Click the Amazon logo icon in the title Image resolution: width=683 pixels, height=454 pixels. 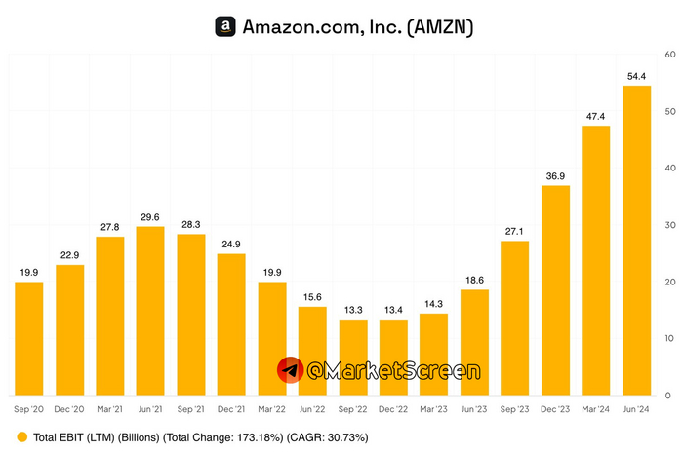(x=225, y=27)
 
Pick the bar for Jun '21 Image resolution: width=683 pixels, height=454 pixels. (x=150, y=311)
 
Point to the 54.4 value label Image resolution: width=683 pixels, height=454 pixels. (x=637, y=76)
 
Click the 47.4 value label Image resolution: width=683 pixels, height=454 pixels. (x=596, y=116)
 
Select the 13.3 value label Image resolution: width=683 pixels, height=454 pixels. (x=353, y=310)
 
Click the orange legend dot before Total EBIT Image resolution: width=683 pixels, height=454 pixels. (x=21, y=437)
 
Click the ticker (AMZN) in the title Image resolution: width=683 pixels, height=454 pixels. (x=439, y=27)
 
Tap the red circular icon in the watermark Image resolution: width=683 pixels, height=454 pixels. (x=290, y=370)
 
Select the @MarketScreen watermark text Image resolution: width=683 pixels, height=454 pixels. (x=392, y=371)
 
